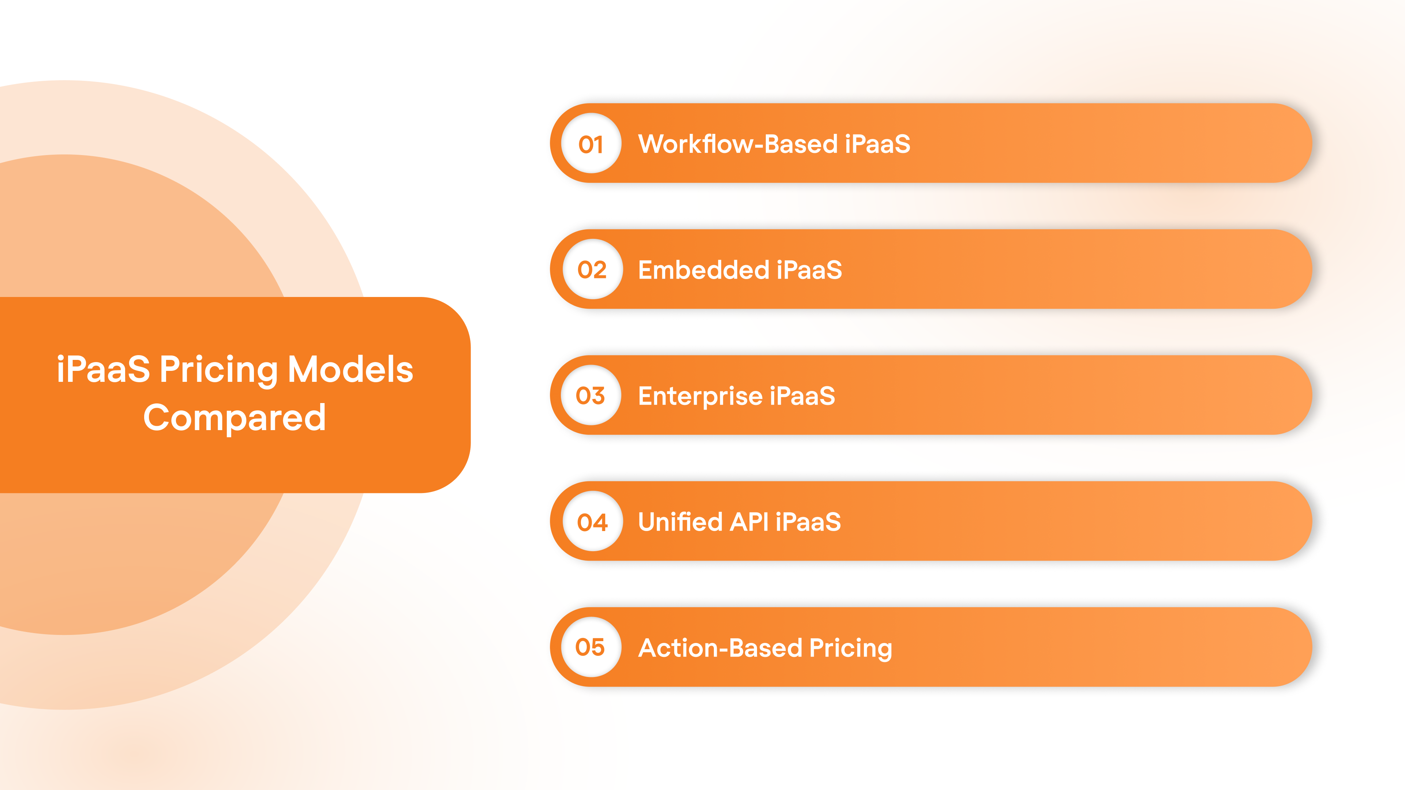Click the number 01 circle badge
(591, 143)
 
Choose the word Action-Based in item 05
(720, 648)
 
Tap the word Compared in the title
(235, 418)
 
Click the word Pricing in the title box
(219, 370)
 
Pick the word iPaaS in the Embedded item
(809, 270)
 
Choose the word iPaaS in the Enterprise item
(802, 396)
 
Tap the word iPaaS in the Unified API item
(808, 522)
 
